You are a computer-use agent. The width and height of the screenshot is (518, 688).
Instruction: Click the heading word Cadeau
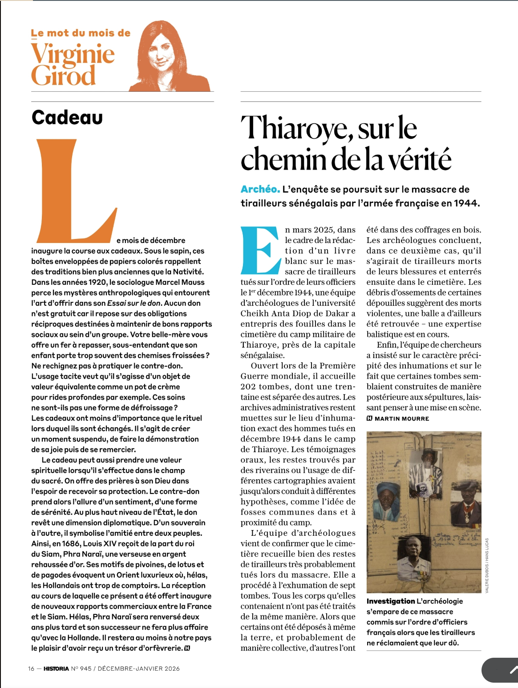coord(67,117)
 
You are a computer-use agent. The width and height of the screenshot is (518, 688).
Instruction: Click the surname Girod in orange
coord(63,75)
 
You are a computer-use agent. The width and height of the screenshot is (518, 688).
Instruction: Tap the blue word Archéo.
coord(260,189)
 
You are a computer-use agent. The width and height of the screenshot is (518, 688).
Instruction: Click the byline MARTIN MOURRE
coord(401,419)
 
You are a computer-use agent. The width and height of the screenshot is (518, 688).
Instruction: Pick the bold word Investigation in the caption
coord(390,601)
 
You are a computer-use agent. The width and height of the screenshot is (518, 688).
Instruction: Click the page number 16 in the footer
coord(31,668)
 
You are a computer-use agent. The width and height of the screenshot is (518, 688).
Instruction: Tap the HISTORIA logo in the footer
coord(56,668)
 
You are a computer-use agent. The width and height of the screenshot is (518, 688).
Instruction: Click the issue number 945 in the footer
coord(86,668)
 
